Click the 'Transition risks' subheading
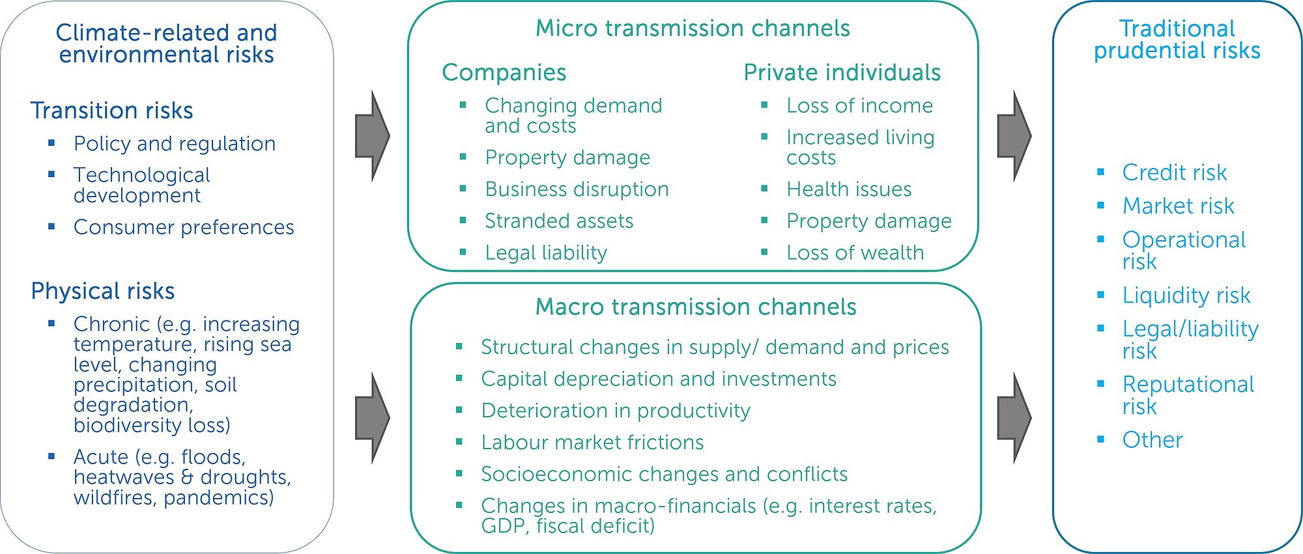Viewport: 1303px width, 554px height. (x=111, y=111)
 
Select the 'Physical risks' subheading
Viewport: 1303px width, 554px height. (x=103, y=291)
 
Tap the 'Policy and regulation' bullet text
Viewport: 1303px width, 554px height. (x=175, y=144)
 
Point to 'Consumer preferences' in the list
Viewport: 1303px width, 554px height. (x=184, y=227)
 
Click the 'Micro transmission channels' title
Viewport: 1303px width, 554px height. (x=693, y=29)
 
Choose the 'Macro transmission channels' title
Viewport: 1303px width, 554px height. (x=696, y=307)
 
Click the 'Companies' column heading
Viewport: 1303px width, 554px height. (x=504, y=73)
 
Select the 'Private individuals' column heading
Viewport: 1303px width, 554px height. (x=842, y=72)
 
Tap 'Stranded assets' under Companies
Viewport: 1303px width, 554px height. (x=559, y=221)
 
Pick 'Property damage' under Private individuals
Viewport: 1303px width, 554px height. (x=869, y=221)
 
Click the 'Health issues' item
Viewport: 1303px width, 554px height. (x=849, y=189)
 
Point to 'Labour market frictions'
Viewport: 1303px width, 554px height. (x=592, y=443)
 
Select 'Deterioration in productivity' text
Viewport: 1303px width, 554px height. (x=616, y=411)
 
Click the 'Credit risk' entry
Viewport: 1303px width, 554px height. (x=1174, y=173)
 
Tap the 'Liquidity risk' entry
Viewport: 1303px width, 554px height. (x=1186, y=296)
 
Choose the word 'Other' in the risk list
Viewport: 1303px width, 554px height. (x=1153, y=440)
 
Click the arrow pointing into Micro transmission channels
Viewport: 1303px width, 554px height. (x=372, y=136)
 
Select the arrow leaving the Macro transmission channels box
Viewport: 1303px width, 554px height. (x=1014, y=419)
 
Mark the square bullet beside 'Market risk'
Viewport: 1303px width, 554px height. (x=1101, y=206)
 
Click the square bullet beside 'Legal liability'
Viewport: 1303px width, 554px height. (x=463, y=252)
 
